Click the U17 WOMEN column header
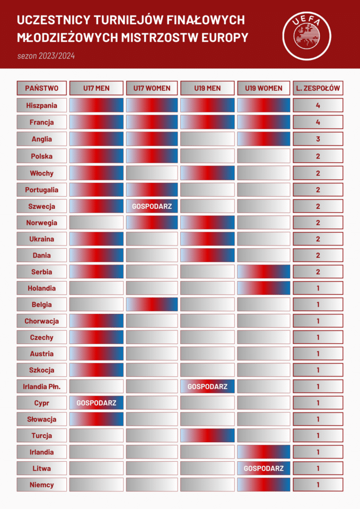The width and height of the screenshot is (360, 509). click(152, 88)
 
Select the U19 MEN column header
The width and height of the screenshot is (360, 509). click(207, 88)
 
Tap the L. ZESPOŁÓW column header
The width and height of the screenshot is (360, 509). click(318, 88)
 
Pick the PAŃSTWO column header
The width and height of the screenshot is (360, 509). click(42, 88)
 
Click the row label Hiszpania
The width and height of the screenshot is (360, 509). click(42, 105)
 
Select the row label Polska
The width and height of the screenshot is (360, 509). click(42, 156)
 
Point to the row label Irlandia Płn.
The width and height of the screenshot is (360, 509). click(42, 387)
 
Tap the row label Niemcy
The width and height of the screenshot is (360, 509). click(42, 485)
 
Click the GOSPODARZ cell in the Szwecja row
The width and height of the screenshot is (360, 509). click(152, 206)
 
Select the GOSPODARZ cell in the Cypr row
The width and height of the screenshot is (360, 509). click(96, 403)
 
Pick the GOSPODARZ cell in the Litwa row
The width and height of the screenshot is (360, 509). click(264, 469)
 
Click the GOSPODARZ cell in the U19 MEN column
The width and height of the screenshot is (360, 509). click(207, 387)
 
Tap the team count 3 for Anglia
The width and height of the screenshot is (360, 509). click(318, 139)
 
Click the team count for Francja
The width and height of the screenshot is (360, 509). click(318, 122)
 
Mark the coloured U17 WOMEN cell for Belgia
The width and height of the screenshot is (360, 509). click(152, 304)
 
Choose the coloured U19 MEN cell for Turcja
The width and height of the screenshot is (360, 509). click(207, 435)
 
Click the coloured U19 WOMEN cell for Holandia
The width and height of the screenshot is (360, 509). click(264, 288)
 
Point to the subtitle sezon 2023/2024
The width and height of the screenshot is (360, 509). click(46, 56)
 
